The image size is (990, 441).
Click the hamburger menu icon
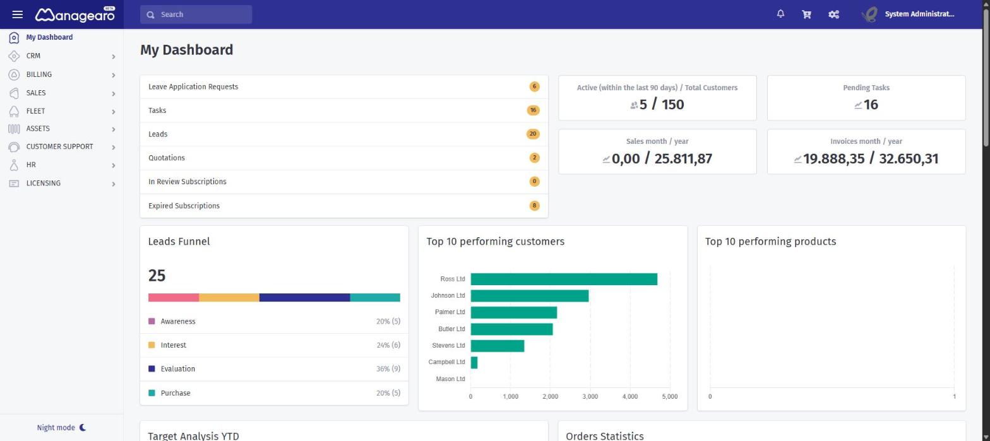17,15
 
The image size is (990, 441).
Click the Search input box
196,15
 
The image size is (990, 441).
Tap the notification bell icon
780,14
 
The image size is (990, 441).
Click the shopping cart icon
807,15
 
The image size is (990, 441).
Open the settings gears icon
833,15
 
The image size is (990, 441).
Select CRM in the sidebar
33,56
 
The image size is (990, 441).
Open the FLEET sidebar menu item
35,111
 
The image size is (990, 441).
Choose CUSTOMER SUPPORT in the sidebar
59,146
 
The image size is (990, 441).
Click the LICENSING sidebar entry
44,183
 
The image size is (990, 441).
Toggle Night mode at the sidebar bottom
61,427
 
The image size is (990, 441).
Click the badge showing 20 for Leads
533,134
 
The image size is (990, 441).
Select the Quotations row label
167,158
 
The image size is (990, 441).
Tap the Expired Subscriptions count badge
534,205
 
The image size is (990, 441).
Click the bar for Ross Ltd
564,279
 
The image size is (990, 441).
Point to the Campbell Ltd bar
474,362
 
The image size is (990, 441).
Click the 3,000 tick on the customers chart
590,396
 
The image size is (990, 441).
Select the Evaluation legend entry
177,368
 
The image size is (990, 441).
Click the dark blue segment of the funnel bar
304,298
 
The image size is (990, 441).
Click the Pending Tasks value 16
871,105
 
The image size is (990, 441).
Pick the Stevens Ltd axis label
448,345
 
